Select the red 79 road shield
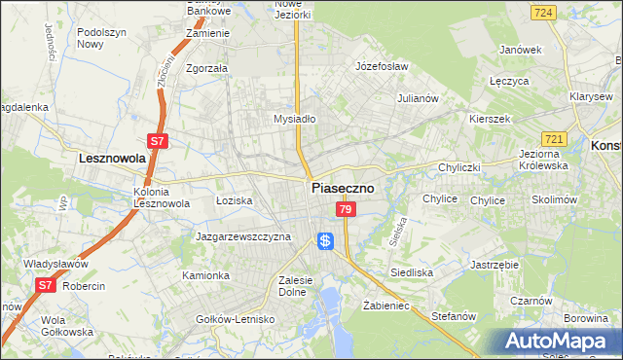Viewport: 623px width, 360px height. pyautogui.click(x=345, y=209)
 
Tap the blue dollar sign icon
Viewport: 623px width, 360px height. pyautogui.click(x=326, y=239)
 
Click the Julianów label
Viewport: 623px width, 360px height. pyautogui.click(x=421, y=98)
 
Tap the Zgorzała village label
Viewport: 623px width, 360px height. pyautogui.click(x=206, y=68)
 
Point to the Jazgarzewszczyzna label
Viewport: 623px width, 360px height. pyautogui.click(x=243, y=236)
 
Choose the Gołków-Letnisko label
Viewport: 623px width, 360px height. pyautogui.click(x=235, y=318)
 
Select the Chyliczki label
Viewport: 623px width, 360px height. pyautogui.click(x=459, y=167)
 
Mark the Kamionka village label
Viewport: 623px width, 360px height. pyautogui.click(x=205, y=275)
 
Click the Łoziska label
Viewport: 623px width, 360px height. pyautogui.click(x=234, y=199)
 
